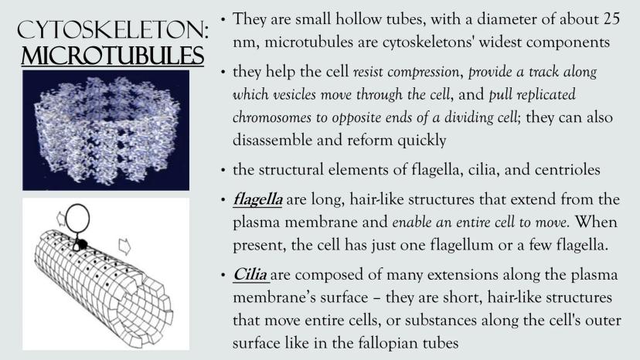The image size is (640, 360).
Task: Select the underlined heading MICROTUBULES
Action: (x=112, y=56)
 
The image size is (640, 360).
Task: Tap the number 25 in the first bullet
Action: (x=611, y=19)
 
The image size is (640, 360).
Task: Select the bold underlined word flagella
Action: (x=257, y=200)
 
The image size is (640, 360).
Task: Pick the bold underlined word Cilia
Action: (x=250, y=274)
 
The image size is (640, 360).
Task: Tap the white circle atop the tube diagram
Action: (x=77, y=218)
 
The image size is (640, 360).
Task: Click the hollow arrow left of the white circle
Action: (x=60, y=218)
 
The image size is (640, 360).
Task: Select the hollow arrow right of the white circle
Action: (x=125, y=246)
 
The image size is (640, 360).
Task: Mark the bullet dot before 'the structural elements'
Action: (x=223, y=170)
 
